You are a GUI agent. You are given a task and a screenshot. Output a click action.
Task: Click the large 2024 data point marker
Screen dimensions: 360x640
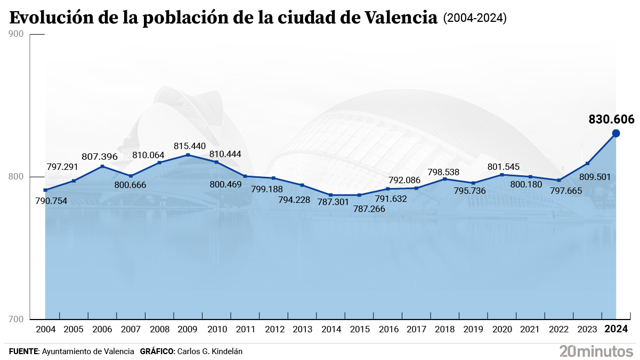[615, 133]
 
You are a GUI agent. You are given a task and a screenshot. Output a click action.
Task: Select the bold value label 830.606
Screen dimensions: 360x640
[611, 119]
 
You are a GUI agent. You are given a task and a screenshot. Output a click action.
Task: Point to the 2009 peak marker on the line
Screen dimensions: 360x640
[188, 155]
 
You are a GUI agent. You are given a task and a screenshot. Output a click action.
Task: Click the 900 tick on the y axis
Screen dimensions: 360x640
[17, 34]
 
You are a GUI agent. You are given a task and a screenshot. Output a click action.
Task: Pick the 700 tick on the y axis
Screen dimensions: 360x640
[17, 319]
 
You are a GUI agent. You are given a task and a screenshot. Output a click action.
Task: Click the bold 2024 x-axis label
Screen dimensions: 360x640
[615, 329]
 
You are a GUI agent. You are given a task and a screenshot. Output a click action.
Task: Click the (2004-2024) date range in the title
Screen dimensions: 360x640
[475, 19]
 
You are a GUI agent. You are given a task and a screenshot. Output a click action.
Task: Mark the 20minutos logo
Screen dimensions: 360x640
[596, 350]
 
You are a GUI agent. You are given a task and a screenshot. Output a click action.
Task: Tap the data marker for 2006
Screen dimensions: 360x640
[102, 166]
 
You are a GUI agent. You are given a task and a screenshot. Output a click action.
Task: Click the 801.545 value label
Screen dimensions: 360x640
[503, 167]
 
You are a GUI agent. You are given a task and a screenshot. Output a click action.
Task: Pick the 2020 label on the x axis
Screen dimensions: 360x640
[501, 329]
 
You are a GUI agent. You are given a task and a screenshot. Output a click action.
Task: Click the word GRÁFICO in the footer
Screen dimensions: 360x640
[157, 351]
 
